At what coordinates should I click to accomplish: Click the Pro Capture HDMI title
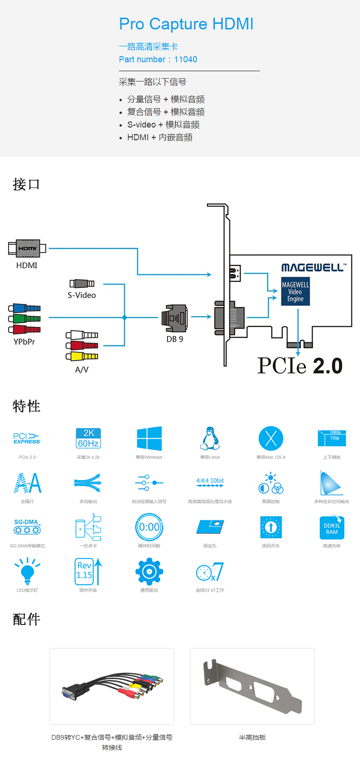tap(186, 24)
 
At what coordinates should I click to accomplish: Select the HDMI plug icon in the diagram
tap(27, 248)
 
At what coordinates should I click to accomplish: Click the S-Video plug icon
tap(82, 284)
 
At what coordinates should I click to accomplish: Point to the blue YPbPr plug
tap(24, 308)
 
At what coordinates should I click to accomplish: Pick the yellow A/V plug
tap(82, 356)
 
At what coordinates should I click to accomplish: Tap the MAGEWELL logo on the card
tap(312, 267)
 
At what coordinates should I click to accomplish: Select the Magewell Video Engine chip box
tap(295, 291)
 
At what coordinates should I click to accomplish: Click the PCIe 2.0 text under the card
tap(300, 366)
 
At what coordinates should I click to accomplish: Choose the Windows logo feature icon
tap(149, 438)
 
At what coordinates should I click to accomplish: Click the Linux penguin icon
tap(210, 438)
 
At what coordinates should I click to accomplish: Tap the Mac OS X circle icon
tap(271, 438)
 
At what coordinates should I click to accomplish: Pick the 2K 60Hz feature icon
tap(88, 438)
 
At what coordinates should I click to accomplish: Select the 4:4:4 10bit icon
tap(210, 482)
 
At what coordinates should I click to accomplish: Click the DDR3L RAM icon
tap(332, 528)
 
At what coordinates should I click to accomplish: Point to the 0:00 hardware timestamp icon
tap(149, 527)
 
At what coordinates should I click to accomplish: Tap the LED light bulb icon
tap(27, 571)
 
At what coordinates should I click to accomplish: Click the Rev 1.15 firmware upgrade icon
tap(88, 571)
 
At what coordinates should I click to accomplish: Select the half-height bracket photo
tap(252, 686)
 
